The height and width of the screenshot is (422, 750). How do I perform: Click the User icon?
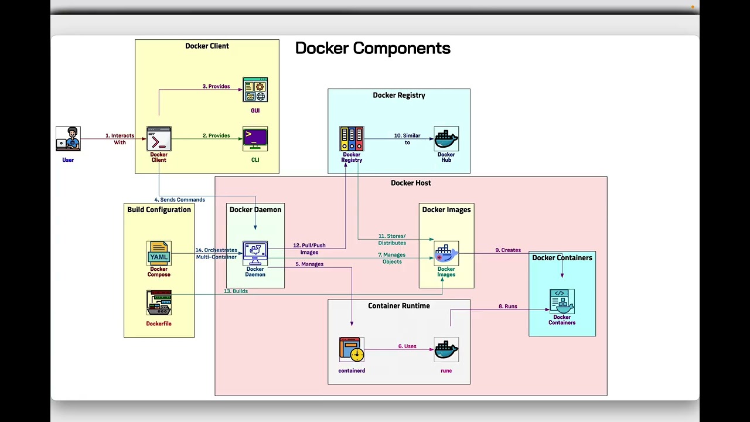click(68, 139)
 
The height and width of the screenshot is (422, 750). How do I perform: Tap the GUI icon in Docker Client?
click(255, 90)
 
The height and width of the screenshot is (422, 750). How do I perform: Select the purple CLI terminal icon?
click(255, 139)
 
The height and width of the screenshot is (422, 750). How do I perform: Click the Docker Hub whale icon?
click(446, 139)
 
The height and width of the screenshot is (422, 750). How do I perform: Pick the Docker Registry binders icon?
click(352, 139)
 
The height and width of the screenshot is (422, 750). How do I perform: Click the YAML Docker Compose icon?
click(159, 253)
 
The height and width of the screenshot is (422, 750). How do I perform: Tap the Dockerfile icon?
click(159, 302)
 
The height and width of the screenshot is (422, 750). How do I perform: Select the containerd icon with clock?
click(352, 349)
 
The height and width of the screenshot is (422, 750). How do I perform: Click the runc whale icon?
click(446, 349)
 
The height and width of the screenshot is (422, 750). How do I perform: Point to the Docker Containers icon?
click(562, 301)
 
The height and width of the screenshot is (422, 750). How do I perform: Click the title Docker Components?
click(373, 48)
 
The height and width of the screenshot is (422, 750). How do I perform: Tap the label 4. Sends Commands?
click(180, 200)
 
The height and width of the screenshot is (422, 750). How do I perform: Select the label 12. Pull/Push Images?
click(309, 249)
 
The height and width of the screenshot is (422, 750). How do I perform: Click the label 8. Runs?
click(508, 307)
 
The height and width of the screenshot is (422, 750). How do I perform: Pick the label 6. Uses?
click(407, 346)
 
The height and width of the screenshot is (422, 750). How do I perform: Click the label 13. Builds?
click(236, 291)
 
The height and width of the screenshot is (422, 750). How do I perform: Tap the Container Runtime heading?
click(399, 306)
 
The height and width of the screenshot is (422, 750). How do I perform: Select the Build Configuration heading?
click(159, 210)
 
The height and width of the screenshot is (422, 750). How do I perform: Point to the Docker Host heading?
click(411, 183)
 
